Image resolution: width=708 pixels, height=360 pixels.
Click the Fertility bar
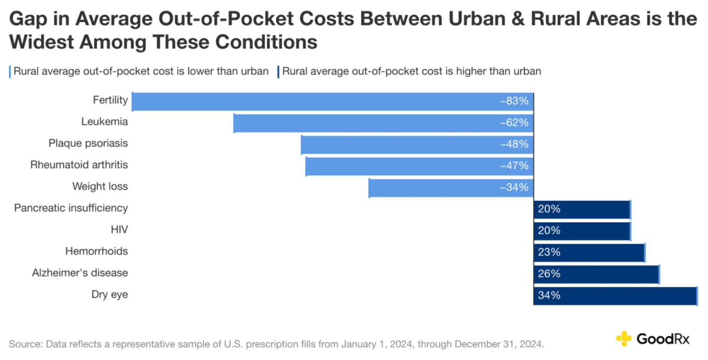coord(332,101)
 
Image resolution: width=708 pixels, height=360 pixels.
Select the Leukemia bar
coord(383,123)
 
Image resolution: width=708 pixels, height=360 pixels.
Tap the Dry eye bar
coord(615,296)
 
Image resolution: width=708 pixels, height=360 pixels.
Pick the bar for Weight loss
coord(451,188)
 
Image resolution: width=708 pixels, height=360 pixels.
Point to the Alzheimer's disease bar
coord(596,274)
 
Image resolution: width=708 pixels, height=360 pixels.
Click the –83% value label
coord(514,101)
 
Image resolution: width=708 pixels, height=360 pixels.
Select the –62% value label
coord(514,123)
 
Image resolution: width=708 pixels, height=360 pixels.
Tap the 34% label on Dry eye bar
coord(549,296)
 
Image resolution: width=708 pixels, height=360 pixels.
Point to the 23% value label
coord(549,252)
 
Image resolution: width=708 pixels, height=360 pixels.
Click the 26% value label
coord(549,274)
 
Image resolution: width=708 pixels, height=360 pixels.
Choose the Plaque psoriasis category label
coord(88,143)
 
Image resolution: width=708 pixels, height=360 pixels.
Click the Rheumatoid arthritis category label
coord(79,165)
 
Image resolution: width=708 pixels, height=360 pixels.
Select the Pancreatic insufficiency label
coord(71,208)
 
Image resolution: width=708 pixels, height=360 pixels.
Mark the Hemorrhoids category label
coord(96,251)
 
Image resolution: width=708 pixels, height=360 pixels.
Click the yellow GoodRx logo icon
coord(623,338)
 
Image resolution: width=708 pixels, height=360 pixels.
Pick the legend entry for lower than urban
coord(141,71)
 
